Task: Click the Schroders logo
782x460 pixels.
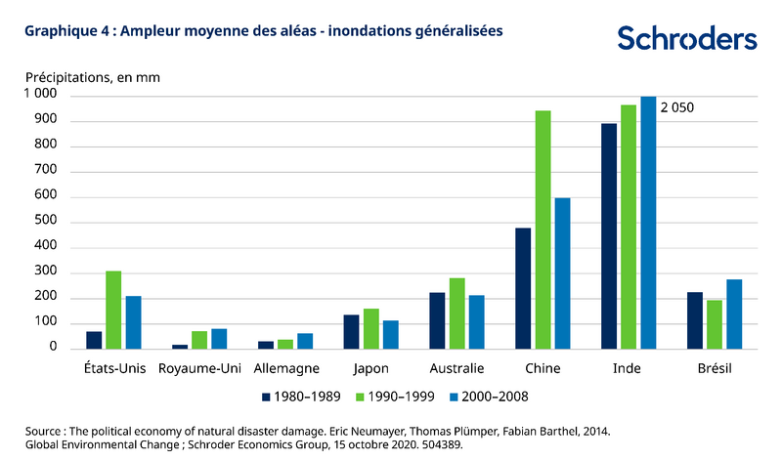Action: coord(686,38)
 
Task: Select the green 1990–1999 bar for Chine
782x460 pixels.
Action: coord(543,230)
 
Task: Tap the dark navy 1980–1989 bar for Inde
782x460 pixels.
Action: coord(609,235)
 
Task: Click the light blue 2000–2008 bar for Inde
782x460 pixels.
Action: coord(648,222)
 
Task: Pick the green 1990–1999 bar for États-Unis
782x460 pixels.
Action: coord(113,310)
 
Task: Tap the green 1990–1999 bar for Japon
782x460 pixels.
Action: coord(370,328)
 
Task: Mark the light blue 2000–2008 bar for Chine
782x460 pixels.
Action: coord(562,272)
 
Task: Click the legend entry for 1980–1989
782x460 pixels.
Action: coord(302,397)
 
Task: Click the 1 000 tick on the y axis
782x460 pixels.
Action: coord(41,95)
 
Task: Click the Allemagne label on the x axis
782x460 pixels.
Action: coord(284,369)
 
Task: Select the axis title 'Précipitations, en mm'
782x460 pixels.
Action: coord(93,76)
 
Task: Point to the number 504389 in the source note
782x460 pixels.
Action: coord(437,444)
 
